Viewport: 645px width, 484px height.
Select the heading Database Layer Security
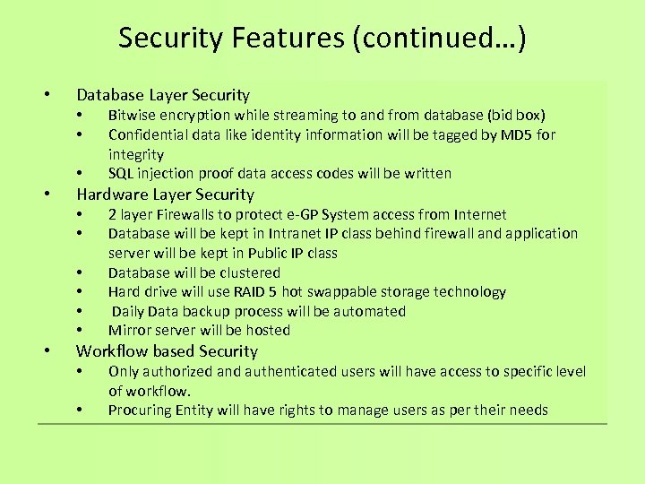[x=163, y=95]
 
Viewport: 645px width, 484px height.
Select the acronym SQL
[x=121, y=173]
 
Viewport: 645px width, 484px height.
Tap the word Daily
[x=128, y=311]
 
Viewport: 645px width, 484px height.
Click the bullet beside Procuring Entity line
[x=81, y=411]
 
